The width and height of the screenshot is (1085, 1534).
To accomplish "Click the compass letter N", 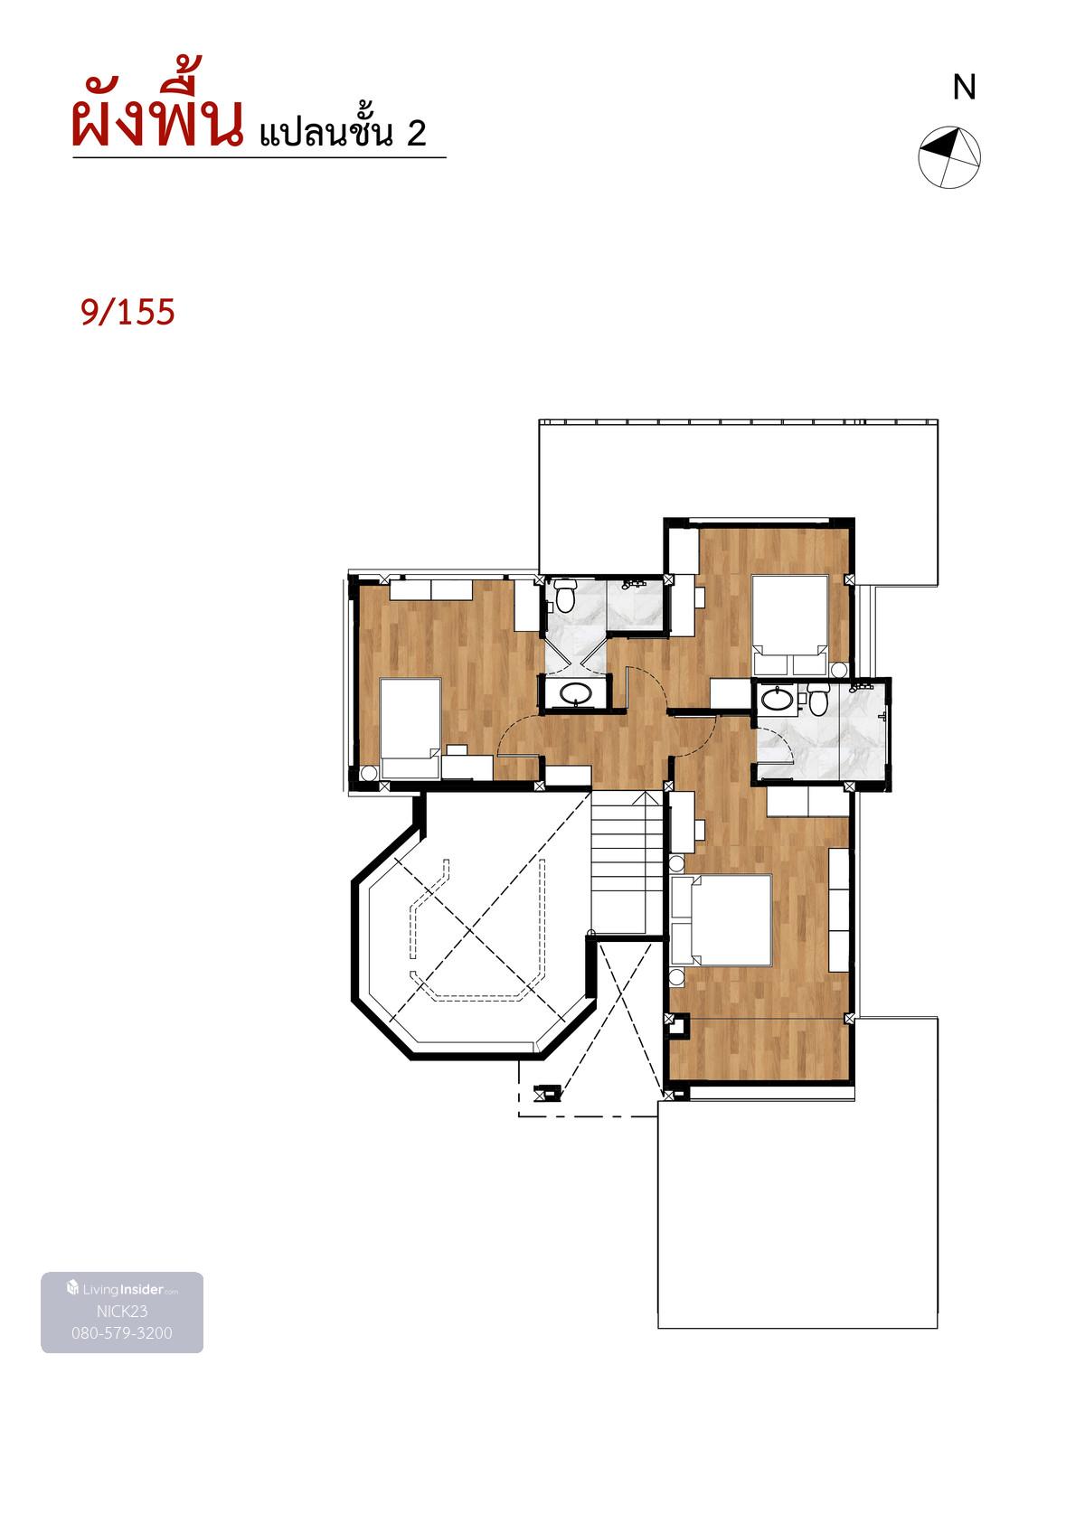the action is tap(964, 88).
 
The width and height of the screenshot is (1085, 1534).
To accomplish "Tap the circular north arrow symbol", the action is tap(948, 156).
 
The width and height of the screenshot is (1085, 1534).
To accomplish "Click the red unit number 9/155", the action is tap(127, 312).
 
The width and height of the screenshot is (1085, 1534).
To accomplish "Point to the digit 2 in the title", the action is tap(417, 133).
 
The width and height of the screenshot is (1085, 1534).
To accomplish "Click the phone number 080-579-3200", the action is tap(122, 1332).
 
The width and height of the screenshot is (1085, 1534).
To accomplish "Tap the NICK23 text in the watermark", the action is tap(122, 1311).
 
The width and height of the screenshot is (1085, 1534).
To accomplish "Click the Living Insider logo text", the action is tap(123, 1289).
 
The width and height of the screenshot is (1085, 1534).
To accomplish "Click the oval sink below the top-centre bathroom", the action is tap(575, 693).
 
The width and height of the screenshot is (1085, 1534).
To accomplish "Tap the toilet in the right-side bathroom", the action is tap(816, 699).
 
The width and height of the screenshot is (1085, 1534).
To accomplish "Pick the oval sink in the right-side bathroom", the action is tap(777, 699).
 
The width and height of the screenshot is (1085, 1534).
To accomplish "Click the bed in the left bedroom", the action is tap(410, 729).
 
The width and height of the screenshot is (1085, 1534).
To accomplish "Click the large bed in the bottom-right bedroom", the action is tap(722, 919).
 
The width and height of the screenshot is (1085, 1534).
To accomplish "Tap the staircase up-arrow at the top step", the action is tap(644, 798).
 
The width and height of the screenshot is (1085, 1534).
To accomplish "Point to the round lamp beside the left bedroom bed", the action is tap(369, 773).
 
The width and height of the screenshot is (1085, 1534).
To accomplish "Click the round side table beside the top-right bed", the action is tap(839, 669).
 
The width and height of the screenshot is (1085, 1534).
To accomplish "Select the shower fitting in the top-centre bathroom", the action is tap(634, 584).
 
